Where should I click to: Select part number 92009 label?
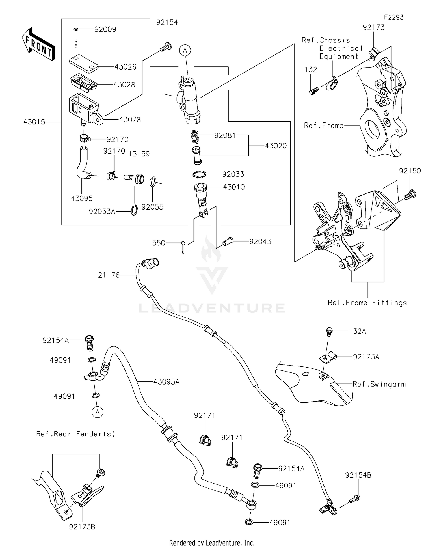coord(105,29)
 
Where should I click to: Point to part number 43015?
coord(34,122)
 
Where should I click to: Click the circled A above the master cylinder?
coord(185,51)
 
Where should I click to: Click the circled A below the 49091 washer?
coord(97,412)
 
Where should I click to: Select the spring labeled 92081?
coord(194,137)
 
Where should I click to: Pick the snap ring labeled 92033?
coord(200,174)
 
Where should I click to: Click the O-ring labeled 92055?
coord(153,182)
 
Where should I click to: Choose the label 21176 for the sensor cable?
coord(109,275)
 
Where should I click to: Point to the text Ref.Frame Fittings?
coord(367,303)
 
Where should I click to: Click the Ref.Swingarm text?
coord(379,384)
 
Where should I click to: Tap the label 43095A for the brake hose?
coord(166,382)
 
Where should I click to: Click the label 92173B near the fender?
coord(82,527)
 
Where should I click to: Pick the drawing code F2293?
coord(393,17)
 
